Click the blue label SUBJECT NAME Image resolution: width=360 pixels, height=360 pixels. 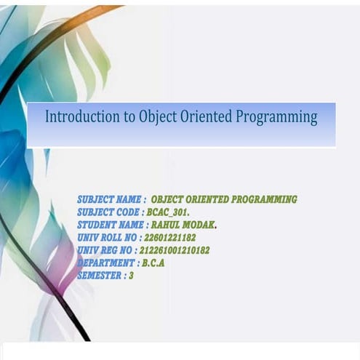coord(110,199)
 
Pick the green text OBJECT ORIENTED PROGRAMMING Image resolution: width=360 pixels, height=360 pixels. coord(224,199)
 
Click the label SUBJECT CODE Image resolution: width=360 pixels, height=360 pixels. coord(109,212)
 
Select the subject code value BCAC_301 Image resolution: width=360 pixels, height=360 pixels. coord(168,212)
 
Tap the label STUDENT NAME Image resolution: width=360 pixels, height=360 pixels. coord(111,225)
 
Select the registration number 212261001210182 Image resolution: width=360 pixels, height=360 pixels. coord(175,250)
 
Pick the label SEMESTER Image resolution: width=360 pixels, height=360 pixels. coord(100,276)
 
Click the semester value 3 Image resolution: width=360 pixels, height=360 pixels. coord(131,276)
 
